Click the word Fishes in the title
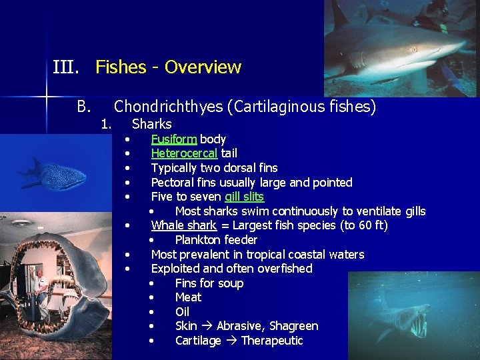(121, 67)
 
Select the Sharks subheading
(152, 124)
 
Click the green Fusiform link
(174, 139)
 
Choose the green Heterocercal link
(184, 153)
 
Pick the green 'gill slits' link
(244, 197)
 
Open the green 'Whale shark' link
(183, 225)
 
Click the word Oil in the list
(182, 312)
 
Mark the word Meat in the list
(188, 297)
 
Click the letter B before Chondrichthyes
(83, 107)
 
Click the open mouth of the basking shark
(417, 325)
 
